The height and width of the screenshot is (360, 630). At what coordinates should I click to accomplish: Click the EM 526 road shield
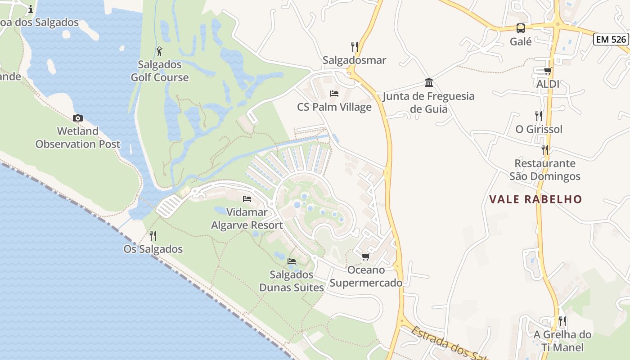611,39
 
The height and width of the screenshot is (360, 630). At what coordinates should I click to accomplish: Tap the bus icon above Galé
521,28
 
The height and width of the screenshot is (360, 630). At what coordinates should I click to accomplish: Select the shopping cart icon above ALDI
548,71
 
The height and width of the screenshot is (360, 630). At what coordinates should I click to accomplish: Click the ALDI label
548,84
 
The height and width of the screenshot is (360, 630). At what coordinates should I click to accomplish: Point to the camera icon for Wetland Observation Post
78,118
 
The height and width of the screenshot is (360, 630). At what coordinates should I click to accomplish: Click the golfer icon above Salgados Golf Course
159,51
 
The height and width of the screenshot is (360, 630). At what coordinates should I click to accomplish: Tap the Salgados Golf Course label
160,71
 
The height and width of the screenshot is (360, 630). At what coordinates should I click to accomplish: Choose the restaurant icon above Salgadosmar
355,46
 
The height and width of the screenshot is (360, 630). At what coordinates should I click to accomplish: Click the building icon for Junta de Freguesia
429,83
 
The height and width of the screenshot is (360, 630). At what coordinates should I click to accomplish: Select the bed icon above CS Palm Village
334,94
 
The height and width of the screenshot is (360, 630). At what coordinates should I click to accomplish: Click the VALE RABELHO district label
535,199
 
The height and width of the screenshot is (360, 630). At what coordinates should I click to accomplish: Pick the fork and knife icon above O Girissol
538,116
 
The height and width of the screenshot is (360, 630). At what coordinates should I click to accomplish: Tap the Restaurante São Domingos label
545,170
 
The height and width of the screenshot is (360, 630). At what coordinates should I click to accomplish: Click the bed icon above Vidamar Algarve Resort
247,198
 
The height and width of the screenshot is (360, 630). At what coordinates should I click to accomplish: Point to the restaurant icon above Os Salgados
153,235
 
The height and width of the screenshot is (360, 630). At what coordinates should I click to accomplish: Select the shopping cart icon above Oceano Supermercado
365,256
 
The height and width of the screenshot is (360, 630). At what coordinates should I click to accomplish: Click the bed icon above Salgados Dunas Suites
292,261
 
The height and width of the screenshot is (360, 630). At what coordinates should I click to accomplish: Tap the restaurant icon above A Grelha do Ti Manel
562,321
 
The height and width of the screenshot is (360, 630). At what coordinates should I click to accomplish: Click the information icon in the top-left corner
31,9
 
